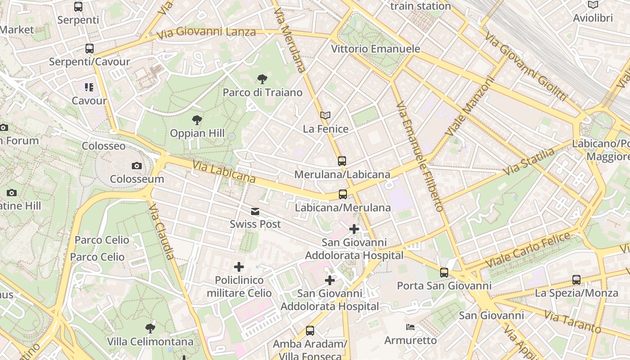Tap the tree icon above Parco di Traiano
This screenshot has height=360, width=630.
tap(262, 80)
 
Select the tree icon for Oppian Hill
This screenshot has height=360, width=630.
tap(197, 120)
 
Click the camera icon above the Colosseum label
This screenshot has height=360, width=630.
tap(137, 166)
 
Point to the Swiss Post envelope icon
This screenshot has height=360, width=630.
tap(255, 211)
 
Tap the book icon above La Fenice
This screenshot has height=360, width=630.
tap(325, 116)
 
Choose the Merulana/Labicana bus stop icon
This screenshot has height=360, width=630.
tap(342, 161)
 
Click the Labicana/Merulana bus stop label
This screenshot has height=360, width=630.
tap(342, 207)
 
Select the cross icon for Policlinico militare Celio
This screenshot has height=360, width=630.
tap(239, 267)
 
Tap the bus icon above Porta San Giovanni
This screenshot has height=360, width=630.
tap(444, 273)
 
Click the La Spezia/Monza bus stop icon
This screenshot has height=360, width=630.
tap(576, 280)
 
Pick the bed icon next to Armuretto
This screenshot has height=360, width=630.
tap(410, 327)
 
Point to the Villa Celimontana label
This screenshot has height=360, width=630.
tap(150, 342)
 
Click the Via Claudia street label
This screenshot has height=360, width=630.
tap(161, 231)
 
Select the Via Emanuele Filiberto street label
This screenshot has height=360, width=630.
tap(420, 156)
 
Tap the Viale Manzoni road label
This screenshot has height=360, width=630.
tap(470, 107)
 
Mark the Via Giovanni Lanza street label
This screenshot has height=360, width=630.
tap(206, 32)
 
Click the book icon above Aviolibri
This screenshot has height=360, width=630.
tap(593, 5)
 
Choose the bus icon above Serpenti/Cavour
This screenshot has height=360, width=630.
tap(90, 49)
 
